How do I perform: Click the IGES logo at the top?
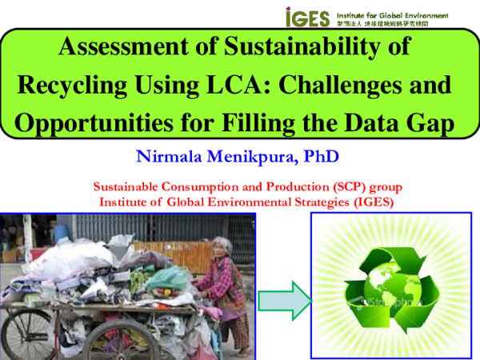(x=308, y=17)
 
